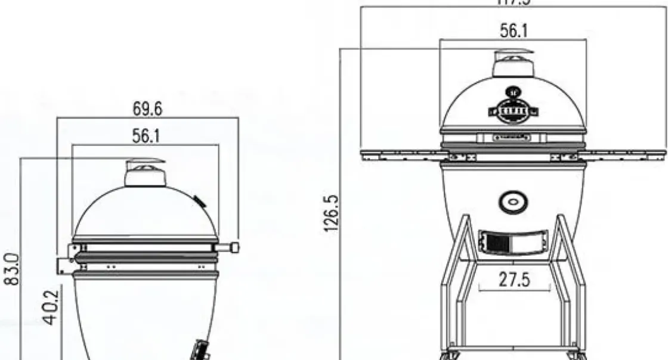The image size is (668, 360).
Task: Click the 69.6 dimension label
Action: [x=147, y=110]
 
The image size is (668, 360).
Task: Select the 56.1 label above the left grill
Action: [x=146, y=136]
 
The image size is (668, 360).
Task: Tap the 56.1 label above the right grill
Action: [x=513, y=31]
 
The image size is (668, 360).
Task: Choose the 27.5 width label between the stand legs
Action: [x=514, y=280]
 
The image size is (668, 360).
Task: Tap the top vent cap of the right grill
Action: [x=511, y=63]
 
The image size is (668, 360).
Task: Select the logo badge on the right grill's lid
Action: [x=512, y=110]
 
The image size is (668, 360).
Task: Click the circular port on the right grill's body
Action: [x=512, y=203]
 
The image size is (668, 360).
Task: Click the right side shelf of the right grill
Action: [x=623, y=154]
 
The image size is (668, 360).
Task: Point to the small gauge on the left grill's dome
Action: [x=199, y=201]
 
